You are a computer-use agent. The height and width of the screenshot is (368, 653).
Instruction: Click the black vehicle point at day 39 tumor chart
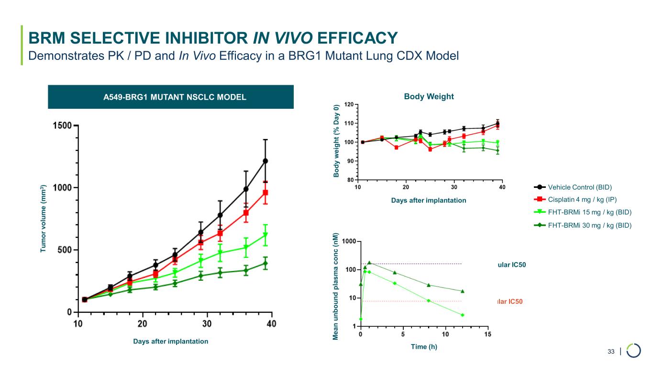[x=265, y=161]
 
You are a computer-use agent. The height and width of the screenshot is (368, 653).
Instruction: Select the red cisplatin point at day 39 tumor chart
[x=265, y=193]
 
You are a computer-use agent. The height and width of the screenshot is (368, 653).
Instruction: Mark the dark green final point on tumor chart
[x=265, y=263]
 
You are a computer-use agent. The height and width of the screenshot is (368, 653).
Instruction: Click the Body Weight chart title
[x=429, y=97]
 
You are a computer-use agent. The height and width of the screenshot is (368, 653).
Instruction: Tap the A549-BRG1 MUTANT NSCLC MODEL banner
[x=170, y=97]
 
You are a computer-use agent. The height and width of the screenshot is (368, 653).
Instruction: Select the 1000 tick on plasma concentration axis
[x=348, y=241]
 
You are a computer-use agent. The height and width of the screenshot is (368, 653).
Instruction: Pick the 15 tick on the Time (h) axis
[x=487, y=334]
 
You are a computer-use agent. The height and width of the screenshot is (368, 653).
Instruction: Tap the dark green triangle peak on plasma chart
[x=369, y=263]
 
